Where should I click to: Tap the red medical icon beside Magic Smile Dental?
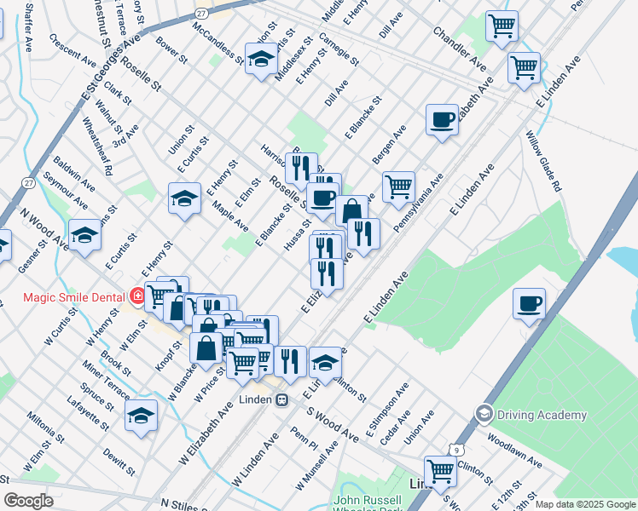click(138, 296)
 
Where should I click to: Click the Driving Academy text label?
click(542, 415)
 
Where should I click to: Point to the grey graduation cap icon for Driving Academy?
click(484, 414)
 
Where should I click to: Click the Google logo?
click(29, 501)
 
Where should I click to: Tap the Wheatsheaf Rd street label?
click(96, 152)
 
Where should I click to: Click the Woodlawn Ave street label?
click(514, 451)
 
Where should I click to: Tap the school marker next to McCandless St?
click(261, 59)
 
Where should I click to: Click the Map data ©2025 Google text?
click(584, 504)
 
